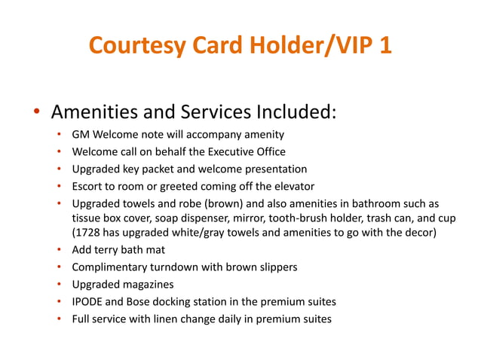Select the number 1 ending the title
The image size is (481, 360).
384,46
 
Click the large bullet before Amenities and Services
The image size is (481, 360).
35,114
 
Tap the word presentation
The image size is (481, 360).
273,169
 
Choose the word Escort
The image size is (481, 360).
89,186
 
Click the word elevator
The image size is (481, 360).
292,186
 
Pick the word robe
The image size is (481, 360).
188,203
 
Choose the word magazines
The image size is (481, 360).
148,285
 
